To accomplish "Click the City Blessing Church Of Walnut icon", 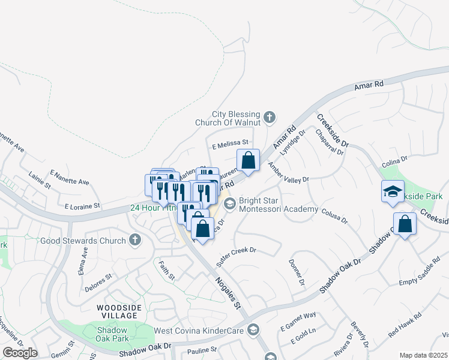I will click(270, 116).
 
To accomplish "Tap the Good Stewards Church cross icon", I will click(135, 241).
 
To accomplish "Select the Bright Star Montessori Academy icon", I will click(229, 205).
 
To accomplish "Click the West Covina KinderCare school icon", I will click(254, 330).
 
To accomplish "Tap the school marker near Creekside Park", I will click(393, 192).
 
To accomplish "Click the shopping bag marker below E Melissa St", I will click(248, 160).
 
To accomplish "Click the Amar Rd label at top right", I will click(369, 86).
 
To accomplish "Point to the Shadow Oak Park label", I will click(113, 335).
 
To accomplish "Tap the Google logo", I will click(19, 353).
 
